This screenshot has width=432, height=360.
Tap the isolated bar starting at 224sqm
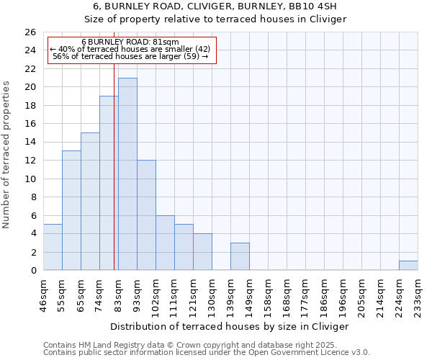pos(408,266)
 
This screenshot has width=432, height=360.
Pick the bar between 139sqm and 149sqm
pos(240,256)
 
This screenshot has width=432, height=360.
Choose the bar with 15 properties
pos(90,202)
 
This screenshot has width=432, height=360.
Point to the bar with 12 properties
pos(146,215)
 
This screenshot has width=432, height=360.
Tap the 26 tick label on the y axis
pos(30,32)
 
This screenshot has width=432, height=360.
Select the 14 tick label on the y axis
pos(30,142)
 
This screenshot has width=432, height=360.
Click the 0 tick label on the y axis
pos(32,271)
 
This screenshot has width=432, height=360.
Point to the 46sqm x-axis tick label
pos(43,294)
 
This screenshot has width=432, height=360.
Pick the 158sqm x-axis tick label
pos(268,294)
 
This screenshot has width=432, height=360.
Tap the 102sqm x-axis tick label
pos(156,294)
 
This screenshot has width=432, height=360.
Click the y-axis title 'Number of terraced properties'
pos(7,154)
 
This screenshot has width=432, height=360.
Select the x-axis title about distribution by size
pos(229,326)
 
